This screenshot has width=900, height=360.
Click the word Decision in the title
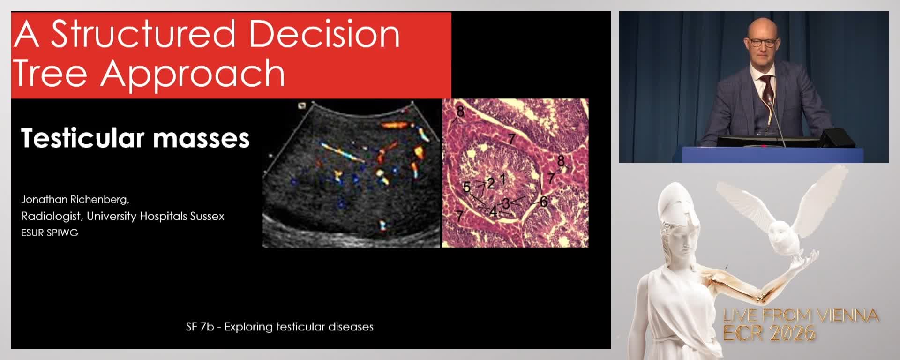(x=324, y=34)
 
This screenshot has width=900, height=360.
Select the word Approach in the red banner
(x=193, y=74)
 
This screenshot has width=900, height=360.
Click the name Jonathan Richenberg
(x=75, y=200)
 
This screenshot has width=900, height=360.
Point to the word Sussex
(x=207, y=217)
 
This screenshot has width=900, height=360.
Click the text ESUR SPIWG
(x=49, y=233)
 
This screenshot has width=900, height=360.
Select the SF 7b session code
(x=200, y=327)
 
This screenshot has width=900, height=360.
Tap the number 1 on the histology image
(x=503, y=179)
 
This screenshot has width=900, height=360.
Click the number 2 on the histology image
(x=491, y=183)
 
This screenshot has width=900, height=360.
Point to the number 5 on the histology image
(x=466, y=187)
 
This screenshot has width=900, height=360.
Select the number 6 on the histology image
(x=544, y=202)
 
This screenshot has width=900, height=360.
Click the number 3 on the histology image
(x=506, y=203)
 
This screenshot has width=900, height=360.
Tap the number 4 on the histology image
(x=493, y=212)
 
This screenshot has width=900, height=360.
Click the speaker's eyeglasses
(x=763, y=42)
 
